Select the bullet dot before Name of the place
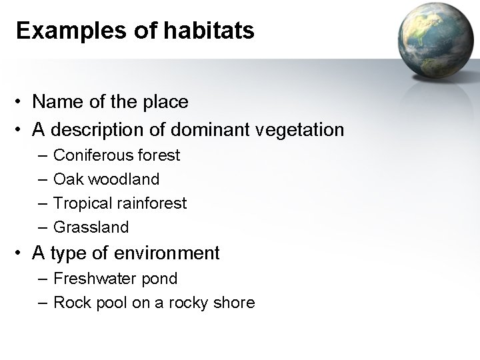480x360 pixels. pos(21,102)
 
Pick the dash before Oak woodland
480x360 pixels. pos(43,179)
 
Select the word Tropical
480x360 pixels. pos(80,203)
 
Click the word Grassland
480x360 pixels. pos(91,227)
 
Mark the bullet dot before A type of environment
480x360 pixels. pos(21,254)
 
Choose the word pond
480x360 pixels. pos(161,279)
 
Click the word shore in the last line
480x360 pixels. pos(233,303)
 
